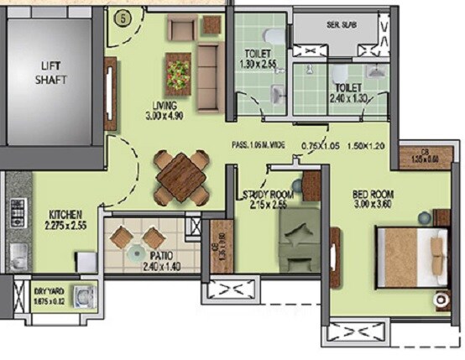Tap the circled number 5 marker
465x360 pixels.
pos(123,16)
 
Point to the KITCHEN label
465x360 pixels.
pos(65,214)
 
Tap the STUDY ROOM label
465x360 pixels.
pos(266,195)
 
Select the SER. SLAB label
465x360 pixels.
pos(341,24)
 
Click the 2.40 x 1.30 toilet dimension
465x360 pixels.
pos(347,97)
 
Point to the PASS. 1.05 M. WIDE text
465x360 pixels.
pos(259,144)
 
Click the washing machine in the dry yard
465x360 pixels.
pos(81,296)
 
